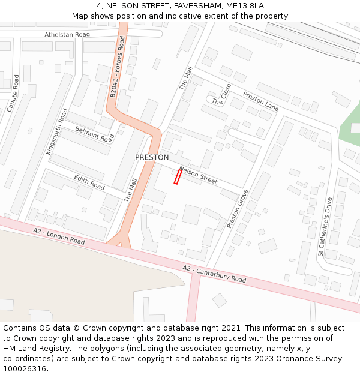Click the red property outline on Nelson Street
click(178, 176)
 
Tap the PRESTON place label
click(152, 157)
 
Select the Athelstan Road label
click(67, 34)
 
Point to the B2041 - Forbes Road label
click(118, 66)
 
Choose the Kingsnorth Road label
click(57, 131)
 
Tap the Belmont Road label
click(94, 134)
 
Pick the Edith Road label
click(89, 182)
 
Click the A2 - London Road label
click(59, 236)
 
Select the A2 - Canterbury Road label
click(214, 273)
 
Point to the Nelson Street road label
click(198, 176)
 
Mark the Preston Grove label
click(238, 209)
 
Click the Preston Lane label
click(261, 101)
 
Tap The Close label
click(221, 95)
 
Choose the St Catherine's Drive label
click(325, 227)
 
